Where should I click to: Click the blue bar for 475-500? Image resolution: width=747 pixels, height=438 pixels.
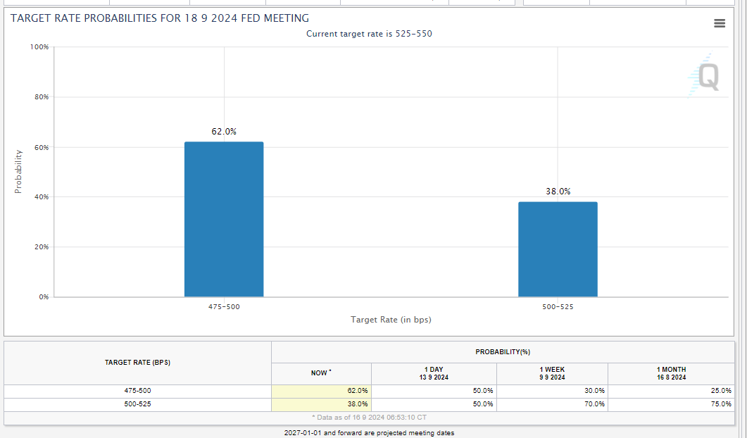pos(224,219)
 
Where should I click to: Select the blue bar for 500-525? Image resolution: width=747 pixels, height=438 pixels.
pos(558,249)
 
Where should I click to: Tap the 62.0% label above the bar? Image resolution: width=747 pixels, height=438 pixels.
pos(224,132)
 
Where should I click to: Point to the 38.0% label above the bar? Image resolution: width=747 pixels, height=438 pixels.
pos(558,192)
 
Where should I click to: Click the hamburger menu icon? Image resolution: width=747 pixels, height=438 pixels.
pos(720,23)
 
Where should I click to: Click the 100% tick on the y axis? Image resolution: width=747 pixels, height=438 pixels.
pos(39,47)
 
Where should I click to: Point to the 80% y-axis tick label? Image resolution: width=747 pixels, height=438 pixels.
pos(41,97)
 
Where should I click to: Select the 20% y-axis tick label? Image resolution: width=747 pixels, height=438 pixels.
pos(41,247)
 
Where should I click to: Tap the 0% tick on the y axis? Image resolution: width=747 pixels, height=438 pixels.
pos(44,297)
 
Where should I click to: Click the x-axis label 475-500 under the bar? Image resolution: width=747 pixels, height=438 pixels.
pos(224,307)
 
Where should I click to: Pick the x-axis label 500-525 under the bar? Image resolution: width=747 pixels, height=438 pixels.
pos(558,307)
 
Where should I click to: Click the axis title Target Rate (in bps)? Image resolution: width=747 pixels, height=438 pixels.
pos(391,320)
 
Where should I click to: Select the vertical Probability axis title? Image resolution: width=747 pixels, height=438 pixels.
pos(18,171)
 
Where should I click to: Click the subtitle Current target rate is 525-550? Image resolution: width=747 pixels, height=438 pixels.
pos(369,34)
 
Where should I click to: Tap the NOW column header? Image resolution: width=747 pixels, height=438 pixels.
pos(321,373)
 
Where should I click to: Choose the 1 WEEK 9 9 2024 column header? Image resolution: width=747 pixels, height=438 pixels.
pos(552,373)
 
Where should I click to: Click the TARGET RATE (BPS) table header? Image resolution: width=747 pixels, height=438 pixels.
pos(137,363)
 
